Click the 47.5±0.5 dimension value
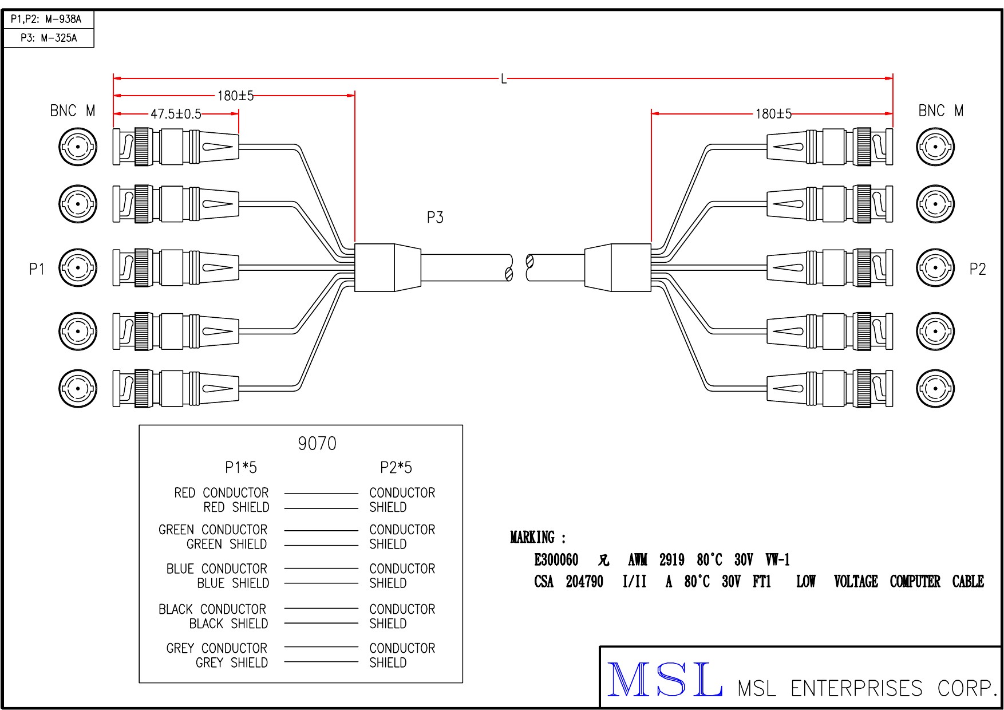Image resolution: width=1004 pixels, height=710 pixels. (x=176, y=114)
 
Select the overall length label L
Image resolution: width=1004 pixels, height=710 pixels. (x=504, y=78)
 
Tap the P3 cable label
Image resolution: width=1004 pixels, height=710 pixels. (x=435, y=218)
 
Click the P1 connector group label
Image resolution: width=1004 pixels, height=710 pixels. (x=37, y=269)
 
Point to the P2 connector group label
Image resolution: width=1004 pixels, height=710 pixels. (x=978, y=269)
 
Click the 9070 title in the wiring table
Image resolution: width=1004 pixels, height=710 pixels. (x=317, y=443)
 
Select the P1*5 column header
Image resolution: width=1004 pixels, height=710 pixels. (x=241, y=468)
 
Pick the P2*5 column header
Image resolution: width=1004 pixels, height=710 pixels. (x=396, y=468)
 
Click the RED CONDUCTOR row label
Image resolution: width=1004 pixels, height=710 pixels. (x=221, y=493)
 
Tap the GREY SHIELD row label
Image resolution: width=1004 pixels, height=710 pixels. (x=231, y=662)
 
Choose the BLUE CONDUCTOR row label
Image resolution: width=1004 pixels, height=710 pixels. (x=216, y=569)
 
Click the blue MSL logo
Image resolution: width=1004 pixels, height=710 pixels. (x=664, y=680)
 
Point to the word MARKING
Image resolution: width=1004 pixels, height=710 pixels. (x=533, y=538)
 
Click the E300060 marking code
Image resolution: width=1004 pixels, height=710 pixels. (x=556, y=559)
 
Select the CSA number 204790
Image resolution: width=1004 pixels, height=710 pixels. (x=584, y=582)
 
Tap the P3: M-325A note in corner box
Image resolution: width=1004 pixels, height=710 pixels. (x=49, y=38)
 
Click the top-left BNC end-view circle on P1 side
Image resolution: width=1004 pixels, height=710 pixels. (x=78, y=147)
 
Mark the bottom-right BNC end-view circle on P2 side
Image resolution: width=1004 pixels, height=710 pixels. (x=935, y=388)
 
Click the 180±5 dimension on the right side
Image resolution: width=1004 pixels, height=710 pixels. (x=773, y=114)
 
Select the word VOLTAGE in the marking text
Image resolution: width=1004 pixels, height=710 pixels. (x=856, y=582)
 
